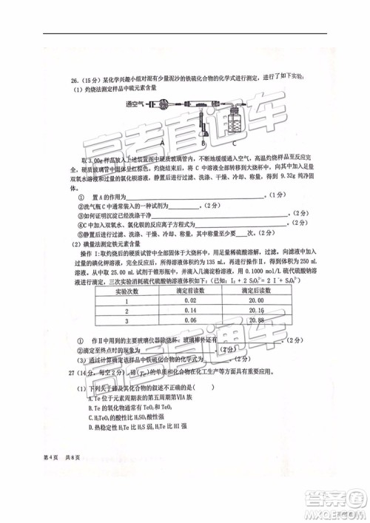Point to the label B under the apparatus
click(x=198, y=143)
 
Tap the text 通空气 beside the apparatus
click(x=135, y=104)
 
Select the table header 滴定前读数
click(x=191, y=291)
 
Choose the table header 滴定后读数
click(x=258, y=291)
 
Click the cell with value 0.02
click(x=191, y=301)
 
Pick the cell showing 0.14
click(x=191, y=311)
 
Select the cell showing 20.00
click(x=258, y=301)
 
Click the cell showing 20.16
click(x=258, y=311)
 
